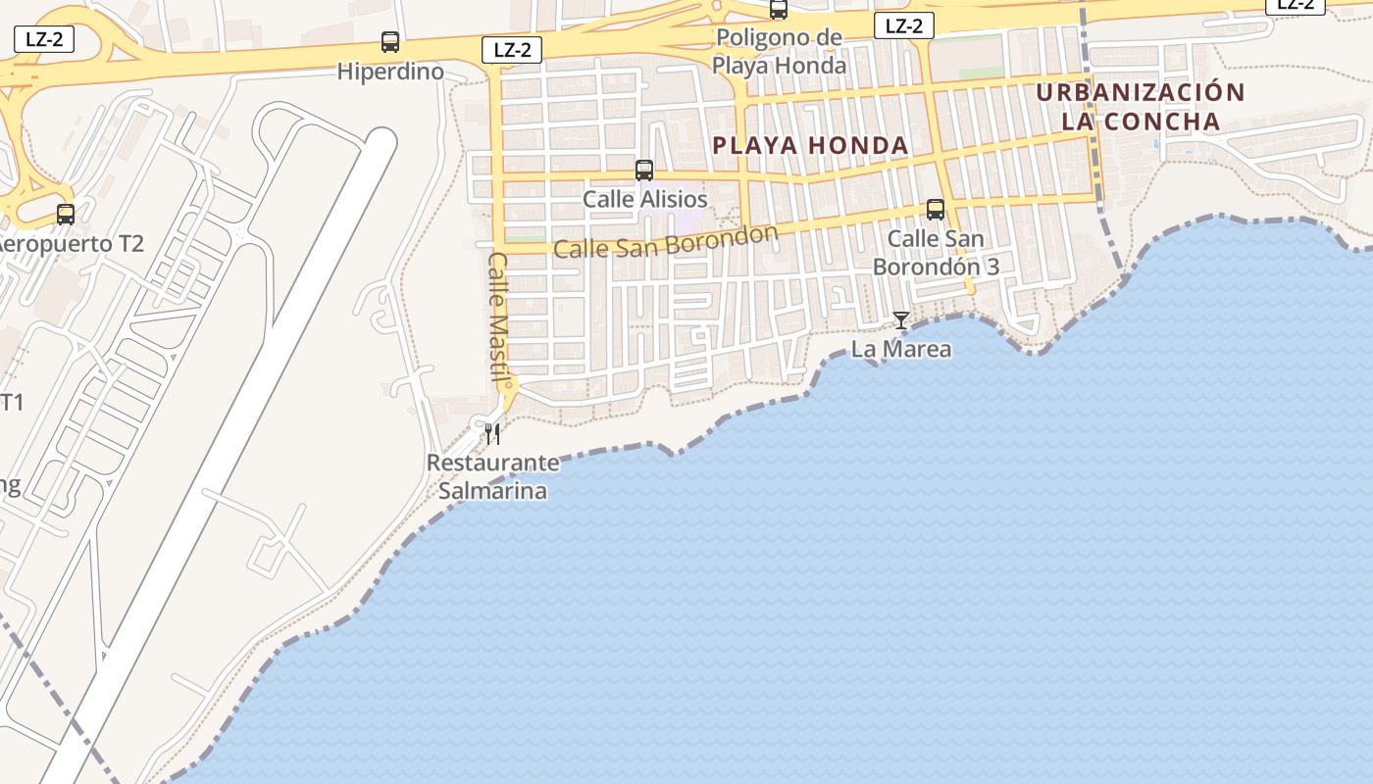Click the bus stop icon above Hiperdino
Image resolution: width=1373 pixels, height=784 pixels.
click(390, 42)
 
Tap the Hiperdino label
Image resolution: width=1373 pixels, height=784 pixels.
click(390, 72)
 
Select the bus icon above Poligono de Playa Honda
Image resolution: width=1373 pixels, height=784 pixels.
click(779, 10)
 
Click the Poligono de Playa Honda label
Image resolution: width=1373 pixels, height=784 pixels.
click(779, 52)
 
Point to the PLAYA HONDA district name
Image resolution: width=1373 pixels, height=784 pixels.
click(811, 146)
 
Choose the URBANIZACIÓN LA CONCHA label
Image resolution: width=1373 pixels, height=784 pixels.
click(1141, 107)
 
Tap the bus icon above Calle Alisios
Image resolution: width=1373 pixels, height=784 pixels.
click(644, 171)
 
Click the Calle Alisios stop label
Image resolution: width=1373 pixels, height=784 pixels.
click(644, 199)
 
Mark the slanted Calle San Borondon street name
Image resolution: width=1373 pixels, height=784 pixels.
click(665, 241)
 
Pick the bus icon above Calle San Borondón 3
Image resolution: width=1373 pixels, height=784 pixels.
click(936, 210)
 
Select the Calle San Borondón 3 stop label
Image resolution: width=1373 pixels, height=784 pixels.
click(936, 253)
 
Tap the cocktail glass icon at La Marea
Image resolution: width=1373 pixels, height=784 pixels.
click(900, 320)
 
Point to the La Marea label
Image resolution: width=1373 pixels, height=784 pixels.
click(900, 349)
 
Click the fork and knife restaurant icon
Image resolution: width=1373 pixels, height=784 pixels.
click(492, 433)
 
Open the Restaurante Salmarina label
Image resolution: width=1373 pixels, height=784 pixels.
click(492, 476)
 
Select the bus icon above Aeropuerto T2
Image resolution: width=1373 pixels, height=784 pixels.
click(66, 215)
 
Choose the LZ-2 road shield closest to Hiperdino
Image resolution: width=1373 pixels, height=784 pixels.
click(512, 50)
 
